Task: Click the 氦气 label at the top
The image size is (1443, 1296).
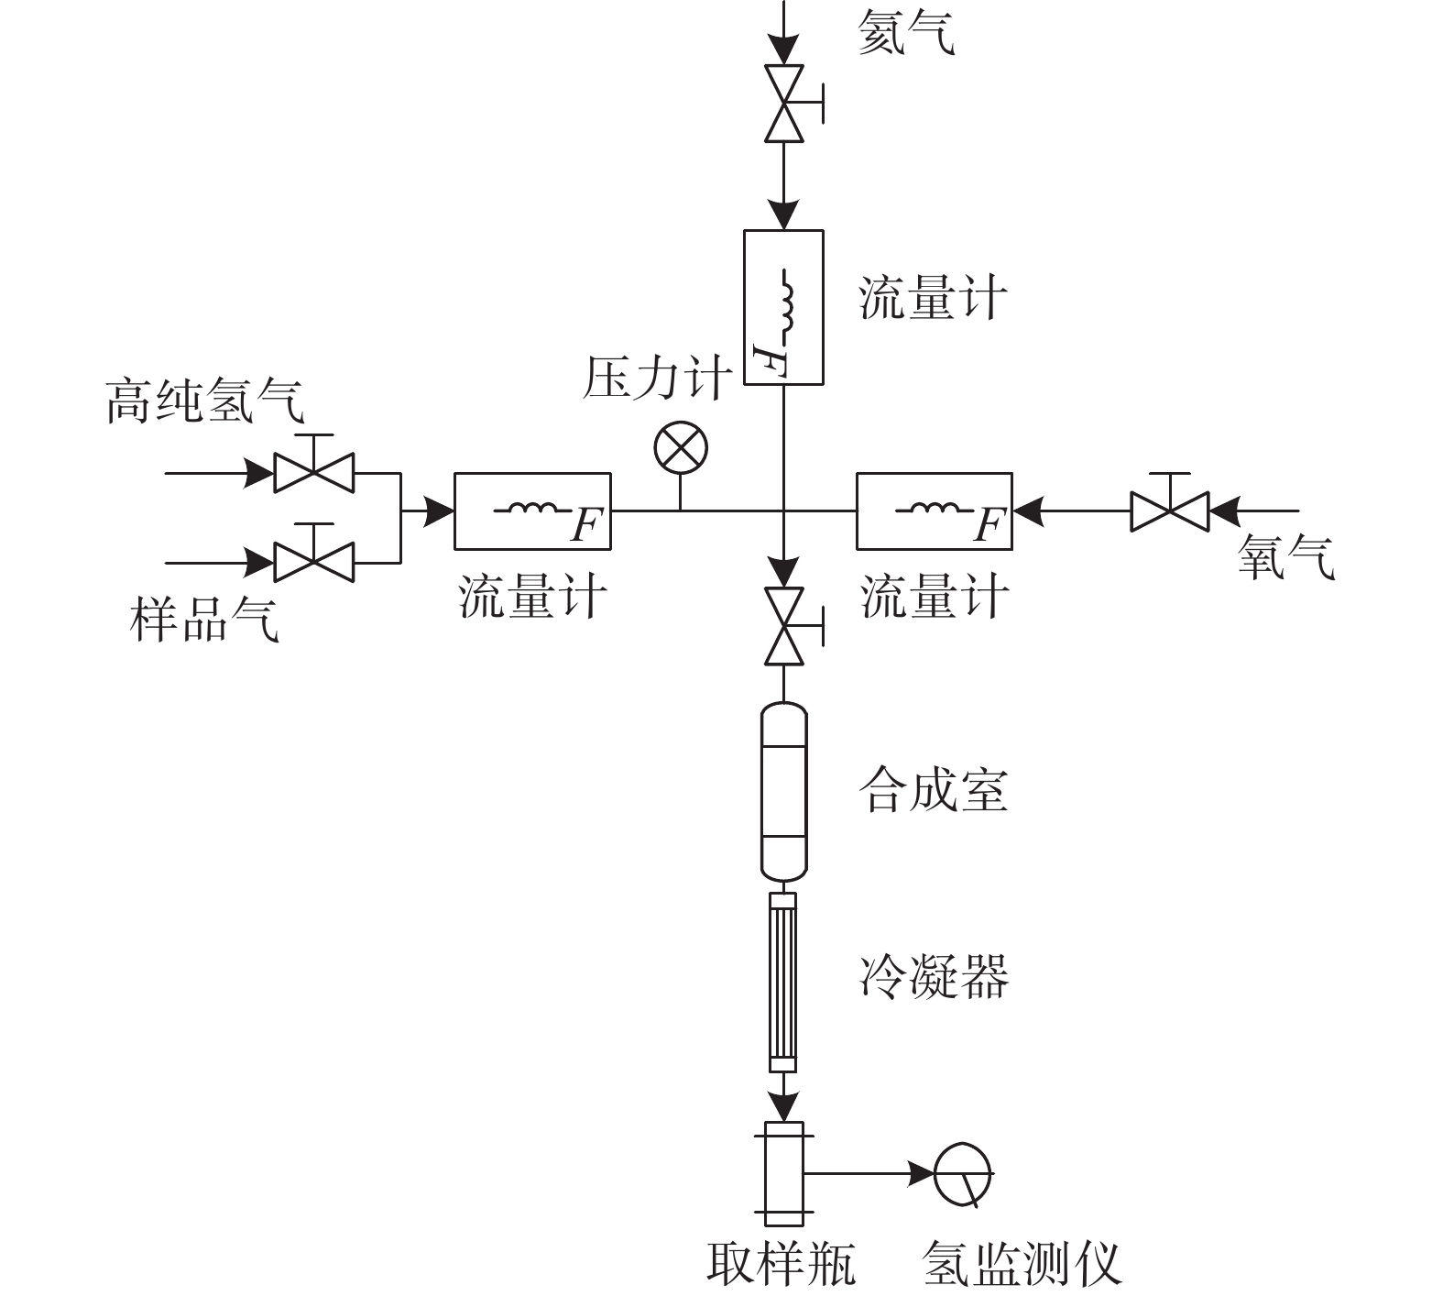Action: click(x=905, y=35)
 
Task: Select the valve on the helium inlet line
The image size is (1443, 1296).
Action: click(x=784, y=104)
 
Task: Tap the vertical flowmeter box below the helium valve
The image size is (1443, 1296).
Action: click(x=783, y=306)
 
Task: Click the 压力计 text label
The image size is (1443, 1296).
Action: click(x=657, y=379)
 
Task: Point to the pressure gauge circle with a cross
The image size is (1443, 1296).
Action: click(x=681, y=449)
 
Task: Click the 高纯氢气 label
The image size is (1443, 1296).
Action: click(x=204, y=401)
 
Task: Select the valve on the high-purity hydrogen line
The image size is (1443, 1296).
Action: click(x=314, y=474)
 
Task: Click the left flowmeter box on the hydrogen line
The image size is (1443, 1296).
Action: click(x=532, y=511)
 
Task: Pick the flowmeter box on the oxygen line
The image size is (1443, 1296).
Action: click(x=934, y=511)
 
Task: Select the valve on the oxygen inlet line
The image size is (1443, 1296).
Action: click(x=1170, y=511)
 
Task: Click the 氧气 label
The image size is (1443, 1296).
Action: click(x=1285, y=556)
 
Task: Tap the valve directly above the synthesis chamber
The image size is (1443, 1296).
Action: click(x=784, y=626)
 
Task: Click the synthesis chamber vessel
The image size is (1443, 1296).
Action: click(x=784, y=789)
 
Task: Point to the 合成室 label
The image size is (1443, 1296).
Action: click(x=933, y=790)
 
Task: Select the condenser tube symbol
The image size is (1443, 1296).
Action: click(x=783, y=982)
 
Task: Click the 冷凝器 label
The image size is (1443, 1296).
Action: click(x=933, y=976)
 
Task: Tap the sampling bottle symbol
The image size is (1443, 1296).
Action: click(x=784, y=1173)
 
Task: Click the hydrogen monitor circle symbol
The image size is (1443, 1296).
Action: click(x=963, y=1173)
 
